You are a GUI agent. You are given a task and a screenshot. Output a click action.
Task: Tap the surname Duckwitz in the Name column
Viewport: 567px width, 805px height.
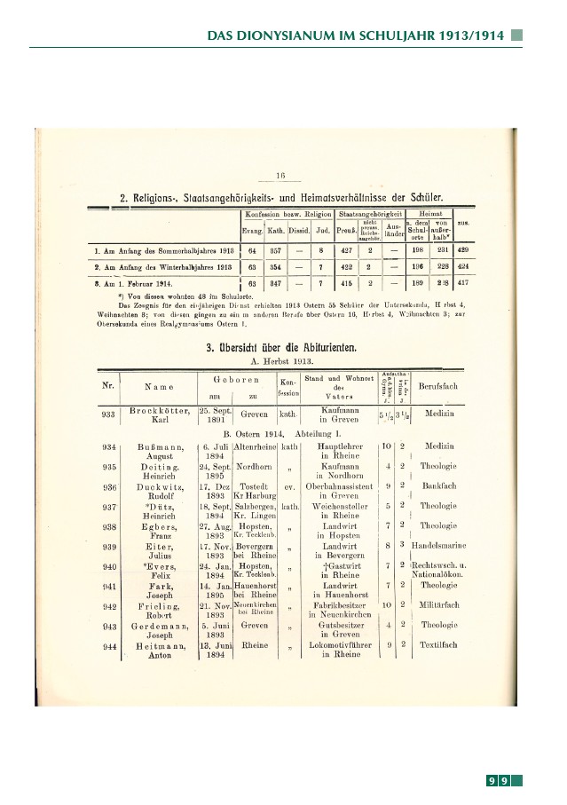click(x=161, y=486)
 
